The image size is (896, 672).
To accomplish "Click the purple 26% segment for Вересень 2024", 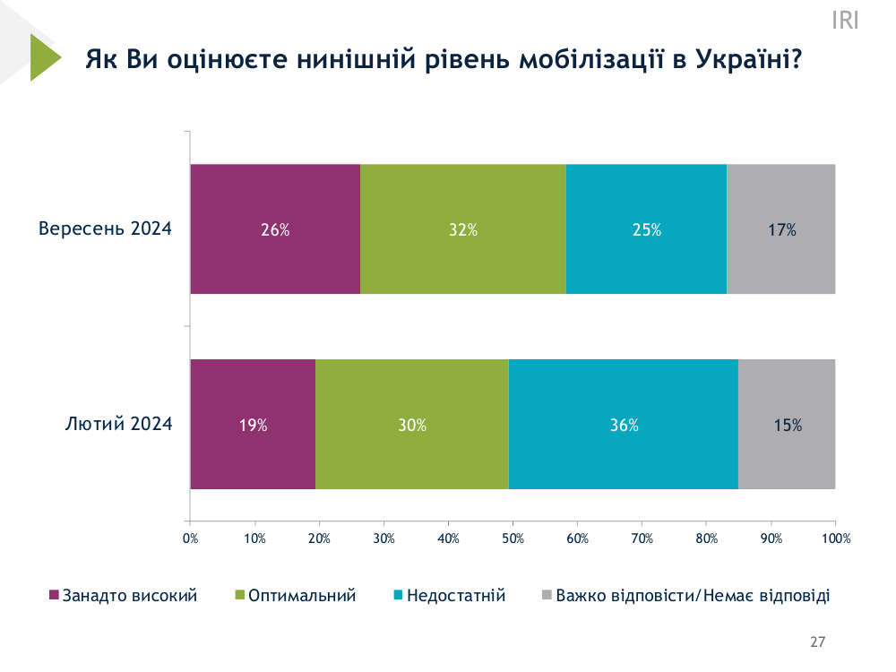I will [x=275, y=229].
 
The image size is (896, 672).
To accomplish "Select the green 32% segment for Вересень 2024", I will [x=463, y=229].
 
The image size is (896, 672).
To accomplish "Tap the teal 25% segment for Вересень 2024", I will [x=646, y=229].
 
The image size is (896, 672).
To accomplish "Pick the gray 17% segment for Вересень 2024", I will [x=781, y=229].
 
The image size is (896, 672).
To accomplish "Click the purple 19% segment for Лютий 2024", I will [x=253, y=425].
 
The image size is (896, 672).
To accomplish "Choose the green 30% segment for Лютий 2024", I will [x=412, y=425].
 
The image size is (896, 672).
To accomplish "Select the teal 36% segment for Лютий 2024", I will [x=624, y=425].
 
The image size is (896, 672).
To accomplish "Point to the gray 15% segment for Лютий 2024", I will [x=787, y=425].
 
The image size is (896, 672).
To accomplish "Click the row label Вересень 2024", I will [x=105, y=228].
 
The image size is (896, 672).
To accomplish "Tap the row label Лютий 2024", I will [x=118, y=424].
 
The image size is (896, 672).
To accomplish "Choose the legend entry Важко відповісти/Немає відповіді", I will [x=686, y=595].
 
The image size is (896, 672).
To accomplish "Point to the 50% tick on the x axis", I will [x=513, y=538].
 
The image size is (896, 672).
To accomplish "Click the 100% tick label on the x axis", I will [x=835, y=538].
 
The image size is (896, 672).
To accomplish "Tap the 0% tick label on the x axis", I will [x=190, y=538].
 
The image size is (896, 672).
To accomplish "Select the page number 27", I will [x=817, y=642].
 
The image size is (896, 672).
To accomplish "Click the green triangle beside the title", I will [x=42, y=57].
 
